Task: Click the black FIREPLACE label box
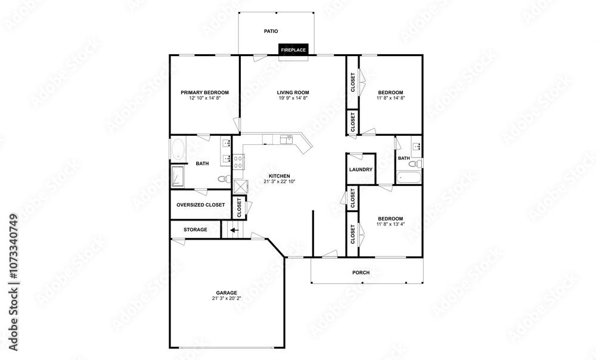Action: pos(293,50)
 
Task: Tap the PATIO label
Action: pos(271,31)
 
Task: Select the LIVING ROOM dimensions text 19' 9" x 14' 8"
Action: pos(293,98)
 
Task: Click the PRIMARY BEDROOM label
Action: pos(204,92)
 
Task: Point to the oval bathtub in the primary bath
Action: pos(178,150)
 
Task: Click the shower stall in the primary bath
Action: pos(178,177)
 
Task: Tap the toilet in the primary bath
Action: pos(225,178)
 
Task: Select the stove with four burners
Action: pos(239,162)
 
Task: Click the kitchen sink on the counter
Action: pos(286,139)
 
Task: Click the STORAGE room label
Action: pos(195,229)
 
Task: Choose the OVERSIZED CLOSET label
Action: pos(201,205)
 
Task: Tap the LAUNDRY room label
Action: pos(361,169)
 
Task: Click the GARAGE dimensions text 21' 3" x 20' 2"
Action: pos(226,299)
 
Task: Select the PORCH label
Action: pos(361,272)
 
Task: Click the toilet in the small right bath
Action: pos(415,164)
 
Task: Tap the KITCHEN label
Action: pos(280,176)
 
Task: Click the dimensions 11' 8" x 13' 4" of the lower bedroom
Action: pos(390,224)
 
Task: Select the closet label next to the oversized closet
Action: pos(240,207)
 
